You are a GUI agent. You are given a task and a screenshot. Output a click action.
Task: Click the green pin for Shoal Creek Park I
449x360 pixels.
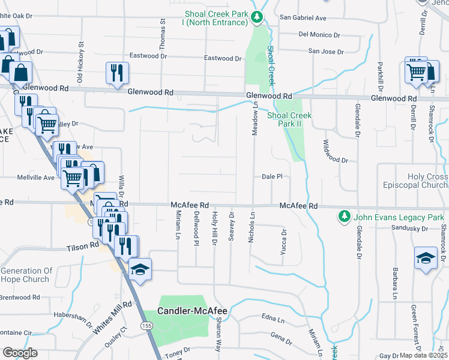point(258,17)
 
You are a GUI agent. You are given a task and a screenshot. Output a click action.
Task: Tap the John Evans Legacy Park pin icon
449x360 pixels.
point(343,216)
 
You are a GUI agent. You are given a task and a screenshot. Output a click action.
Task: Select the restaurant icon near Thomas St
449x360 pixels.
point(116,73)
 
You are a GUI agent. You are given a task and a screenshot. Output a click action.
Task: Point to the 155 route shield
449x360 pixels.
point(146,325)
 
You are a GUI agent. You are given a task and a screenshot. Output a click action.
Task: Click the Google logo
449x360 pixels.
point(19,353)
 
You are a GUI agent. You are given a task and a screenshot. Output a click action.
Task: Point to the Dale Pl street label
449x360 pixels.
point(271,176)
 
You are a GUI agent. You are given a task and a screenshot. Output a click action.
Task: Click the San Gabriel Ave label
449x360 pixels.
point(303,18)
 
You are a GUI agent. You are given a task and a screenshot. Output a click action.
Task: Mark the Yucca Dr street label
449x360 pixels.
point(283,242)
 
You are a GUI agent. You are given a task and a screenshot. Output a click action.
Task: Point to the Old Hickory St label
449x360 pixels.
point(79,62)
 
